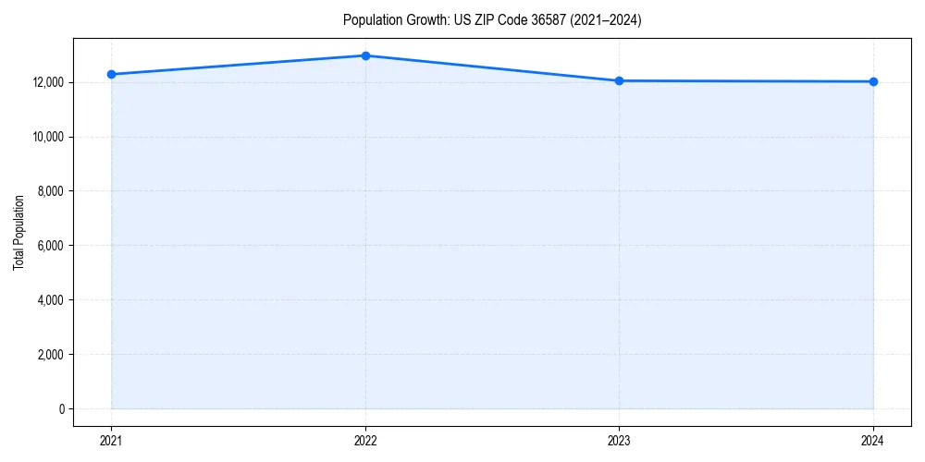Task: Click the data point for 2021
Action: click(111, 74)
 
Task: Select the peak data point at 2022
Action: click(365, 55)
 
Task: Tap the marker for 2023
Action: click(620, 80)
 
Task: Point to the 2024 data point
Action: click(873, 81)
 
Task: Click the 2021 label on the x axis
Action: click(111, 440)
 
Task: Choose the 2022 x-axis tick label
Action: click(365, 440)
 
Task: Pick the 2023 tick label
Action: click(620, 440)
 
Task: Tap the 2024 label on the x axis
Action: click(873, 440)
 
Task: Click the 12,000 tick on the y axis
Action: click(47, 82)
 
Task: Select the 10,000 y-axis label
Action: click(47, 137)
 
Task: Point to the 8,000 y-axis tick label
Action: click(50, 191)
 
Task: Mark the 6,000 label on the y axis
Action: click(50, 246)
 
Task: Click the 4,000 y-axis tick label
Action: click(50, 300)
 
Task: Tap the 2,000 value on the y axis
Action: click(50, 355)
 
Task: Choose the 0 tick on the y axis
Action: click(61, 409)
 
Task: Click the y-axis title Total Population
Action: click(18, 232)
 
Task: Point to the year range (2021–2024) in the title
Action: click(600, 20)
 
